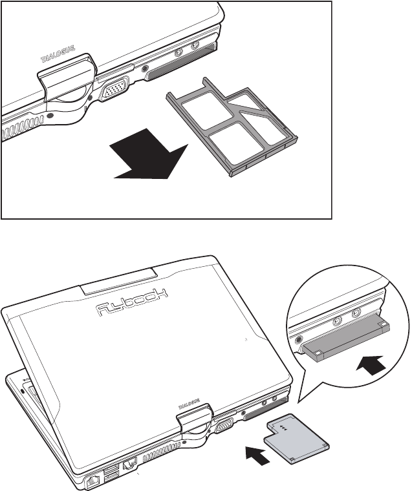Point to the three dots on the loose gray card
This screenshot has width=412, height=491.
tap(283, 426)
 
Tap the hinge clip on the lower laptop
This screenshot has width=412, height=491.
tap(193, 420)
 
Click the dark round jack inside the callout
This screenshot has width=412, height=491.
tap(299, 338)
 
